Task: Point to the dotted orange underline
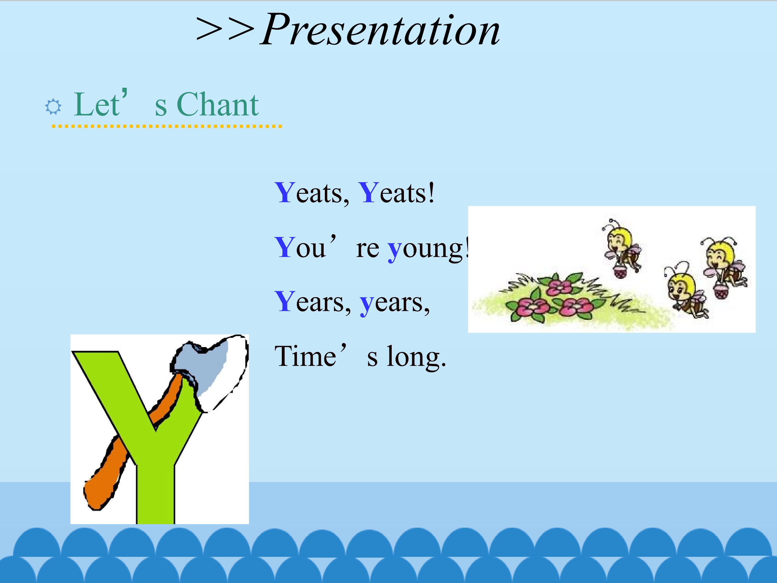[167, 126]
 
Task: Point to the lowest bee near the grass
[685, 292]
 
